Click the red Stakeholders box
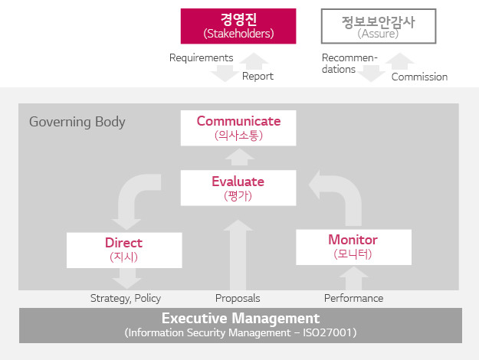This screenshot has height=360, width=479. [x=238, y=26]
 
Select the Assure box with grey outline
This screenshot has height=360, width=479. [x=379, y=26]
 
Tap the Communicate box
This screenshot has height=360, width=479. [x=238, y=128]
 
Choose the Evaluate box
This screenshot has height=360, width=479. [x=238, y=188]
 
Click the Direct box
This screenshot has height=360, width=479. [x=124, y=250]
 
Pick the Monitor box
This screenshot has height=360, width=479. [x=354, y=247]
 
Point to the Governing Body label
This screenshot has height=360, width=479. [x=77, y=122]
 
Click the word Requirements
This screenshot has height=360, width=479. [x=202, y=57]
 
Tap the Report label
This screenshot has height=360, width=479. [x=258, y=76]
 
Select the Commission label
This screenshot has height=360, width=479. [x=419, y=77]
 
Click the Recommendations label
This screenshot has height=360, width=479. [x=349, y=64]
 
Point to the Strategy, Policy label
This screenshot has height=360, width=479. [x=126, y=298]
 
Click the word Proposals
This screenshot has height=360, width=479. [x=238, y=298]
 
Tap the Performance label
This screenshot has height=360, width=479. [x=354, y=298]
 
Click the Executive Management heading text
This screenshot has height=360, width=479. [x=241, y=319]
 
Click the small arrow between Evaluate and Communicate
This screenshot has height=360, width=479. [x=239, y=157]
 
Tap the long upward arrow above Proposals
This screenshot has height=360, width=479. [x=238, y=255]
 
